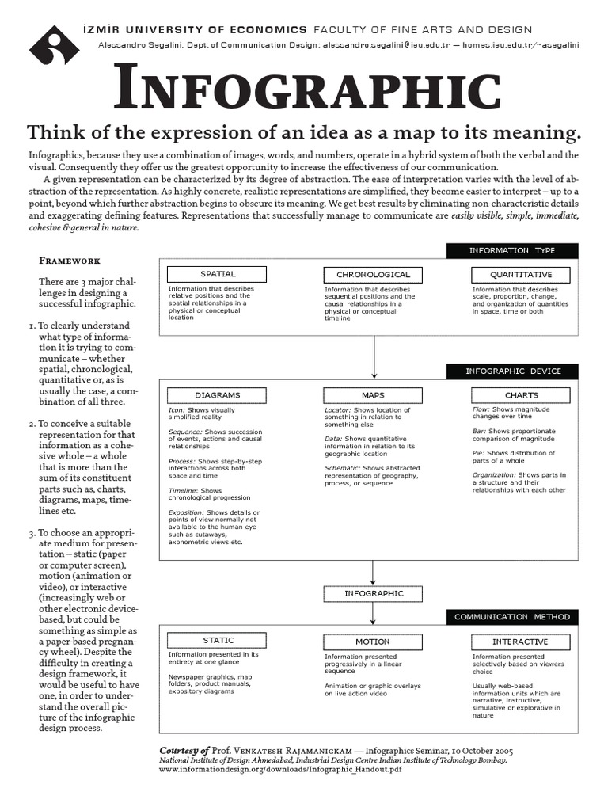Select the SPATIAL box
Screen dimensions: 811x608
point(218,274)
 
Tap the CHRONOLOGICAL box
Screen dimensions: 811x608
point(373,275)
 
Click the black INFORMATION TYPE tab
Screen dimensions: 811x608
point(511,251)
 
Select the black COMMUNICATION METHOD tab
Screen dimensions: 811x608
point(511,616)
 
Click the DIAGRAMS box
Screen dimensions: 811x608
point(217,394)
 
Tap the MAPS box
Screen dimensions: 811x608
point(373,394)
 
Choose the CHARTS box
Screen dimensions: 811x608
point(521,394)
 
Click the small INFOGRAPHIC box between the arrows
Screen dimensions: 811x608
point(374,593)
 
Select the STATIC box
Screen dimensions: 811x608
point(217,641)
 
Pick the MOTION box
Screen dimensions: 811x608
point(373,642)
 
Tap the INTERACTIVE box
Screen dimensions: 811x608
point(520,642)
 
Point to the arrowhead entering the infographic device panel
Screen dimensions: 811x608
point(374,375)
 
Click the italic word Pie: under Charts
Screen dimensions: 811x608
point(478,453)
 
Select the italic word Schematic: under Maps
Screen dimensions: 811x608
point(342,468)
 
